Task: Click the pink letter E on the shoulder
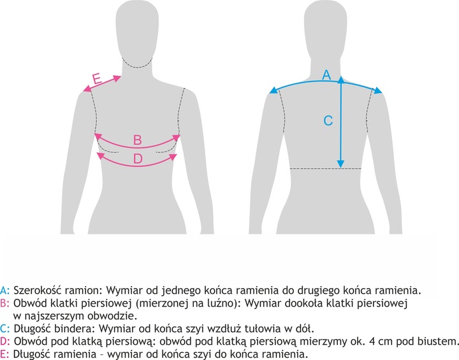click(97, 79)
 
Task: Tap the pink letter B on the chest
click(138, 140)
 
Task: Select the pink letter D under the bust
click(138, 159)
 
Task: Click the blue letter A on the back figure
click(326, 75)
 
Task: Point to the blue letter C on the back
click(328, 120)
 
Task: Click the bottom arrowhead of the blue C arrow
click(340, 164)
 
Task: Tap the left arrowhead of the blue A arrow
click(273, 90)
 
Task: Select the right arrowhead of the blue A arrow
click(378, 90)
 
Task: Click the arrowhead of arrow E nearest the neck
click(117, 78)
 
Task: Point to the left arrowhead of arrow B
click(98, 136)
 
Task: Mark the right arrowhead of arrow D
click(173, 157)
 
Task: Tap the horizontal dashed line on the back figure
click(325, 169)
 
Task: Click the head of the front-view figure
click(138, 29)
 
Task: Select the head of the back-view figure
click(326, 29)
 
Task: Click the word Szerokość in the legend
click(38, 291)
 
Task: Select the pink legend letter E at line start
click(4, 354)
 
